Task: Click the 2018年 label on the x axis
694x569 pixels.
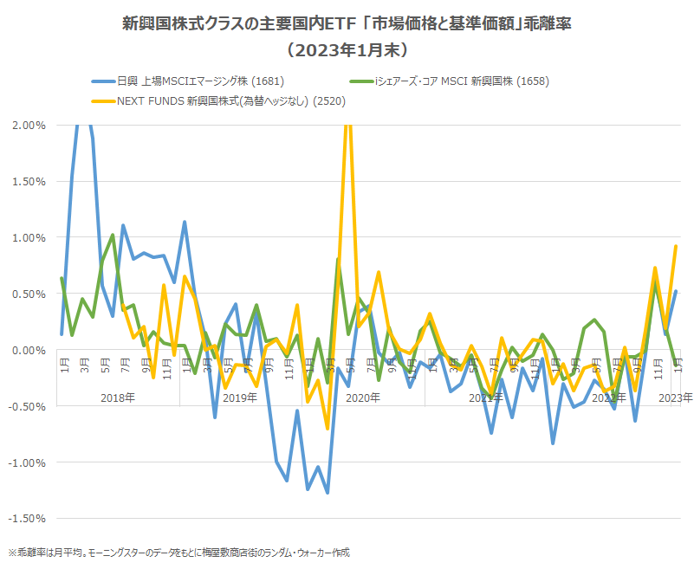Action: point(117,398)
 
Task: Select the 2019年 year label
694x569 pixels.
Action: point(240,398)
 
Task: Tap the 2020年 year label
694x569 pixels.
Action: point(363,398)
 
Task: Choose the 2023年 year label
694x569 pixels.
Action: point(676,398)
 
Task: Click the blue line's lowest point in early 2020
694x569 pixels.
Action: point(328,493)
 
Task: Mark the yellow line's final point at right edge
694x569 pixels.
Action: point(676,246)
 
